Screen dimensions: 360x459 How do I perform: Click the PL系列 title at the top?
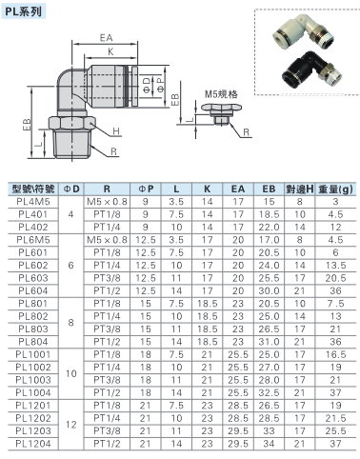[x=23, y=11]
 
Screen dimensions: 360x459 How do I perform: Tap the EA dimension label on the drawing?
[x=106, y=38]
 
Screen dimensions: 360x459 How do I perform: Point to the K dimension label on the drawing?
[x=110, y=51]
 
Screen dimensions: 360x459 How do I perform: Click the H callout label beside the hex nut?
[x=116, y=130]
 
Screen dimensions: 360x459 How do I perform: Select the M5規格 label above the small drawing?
[x=221, y=94]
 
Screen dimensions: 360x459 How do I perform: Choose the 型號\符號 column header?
[x=33, y=189]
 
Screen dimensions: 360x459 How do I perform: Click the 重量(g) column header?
[x=336, y=190]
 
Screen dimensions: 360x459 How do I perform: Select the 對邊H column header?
[x=299, y=190]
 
